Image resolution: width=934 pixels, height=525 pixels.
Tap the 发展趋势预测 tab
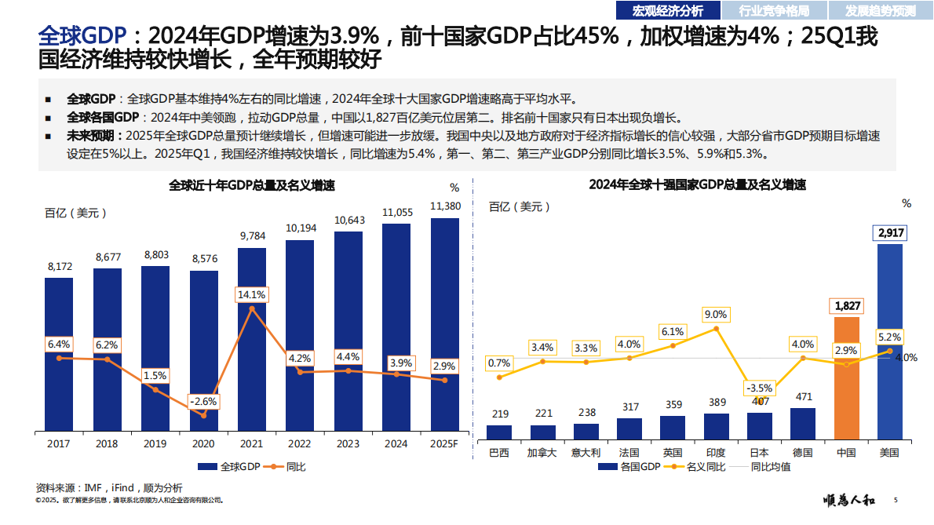(x=880, y=10)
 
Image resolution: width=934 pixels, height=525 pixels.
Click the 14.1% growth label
(x=252, y=295)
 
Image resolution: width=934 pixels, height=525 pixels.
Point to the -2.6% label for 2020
(x=203, y=401)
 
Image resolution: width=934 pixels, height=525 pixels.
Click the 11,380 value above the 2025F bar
(x=445, y=206)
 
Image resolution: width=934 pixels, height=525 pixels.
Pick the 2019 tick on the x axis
(x=155, y=443)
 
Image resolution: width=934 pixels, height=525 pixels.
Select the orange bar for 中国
(x=846, y=377)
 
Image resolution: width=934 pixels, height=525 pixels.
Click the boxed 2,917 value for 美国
(x=890, y=233)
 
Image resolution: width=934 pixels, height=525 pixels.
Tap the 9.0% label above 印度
(x=715, y=315)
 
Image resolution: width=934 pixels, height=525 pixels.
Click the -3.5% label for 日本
(x=759, y=388)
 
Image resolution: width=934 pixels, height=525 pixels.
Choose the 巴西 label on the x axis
(x=499, y=453)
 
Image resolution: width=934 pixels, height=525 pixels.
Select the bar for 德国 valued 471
(x=802, y=423)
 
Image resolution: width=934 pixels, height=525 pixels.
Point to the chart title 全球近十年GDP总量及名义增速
(x=251, y=186)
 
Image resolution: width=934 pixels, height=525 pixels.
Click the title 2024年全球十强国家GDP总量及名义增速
(x=697, y=186)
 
